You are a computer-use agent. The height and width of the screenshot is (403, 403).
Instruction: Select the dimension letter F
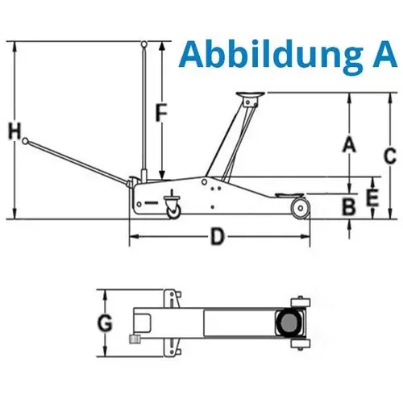160,114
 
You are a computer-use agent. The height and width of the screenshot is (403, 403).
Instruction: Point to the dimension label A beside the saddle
348,144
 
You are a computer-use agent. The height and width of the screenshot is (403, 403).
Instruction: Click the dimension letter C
388,155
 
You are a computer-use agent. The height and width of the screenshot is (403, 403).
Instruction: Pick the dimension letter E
372,196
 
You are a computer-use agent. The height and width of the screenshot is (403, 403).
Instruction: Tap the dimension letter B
348,207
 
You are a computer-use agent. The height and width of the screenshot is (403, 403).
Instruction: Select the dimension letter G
104,324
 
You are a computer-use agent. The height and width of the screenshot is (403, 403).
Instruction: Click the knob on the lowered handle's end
27,141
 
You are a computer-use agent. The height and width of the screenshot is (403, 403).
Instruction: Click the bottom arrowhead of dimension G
104,355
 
